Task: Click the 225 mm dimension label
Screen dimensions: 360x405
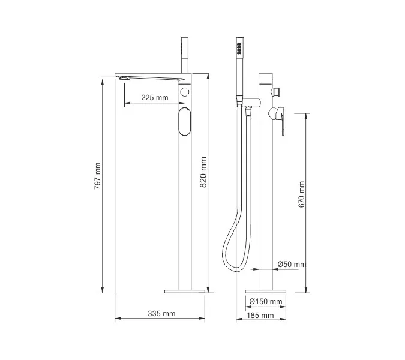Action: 155,98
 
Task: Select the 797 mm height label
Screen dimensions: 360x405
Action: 98,178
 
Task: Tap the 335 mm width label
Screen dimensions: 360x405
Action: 162,314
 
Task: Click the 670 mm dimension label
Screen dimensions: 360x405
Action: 302,194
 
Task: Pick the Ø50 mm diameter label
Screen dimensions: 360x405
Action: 292,265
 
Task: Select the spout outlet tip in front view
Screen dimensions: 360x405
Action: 124,78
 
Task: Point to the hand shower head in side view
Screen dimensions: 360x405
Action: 239,48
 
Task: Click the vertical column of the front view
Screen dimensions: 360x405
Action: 185,210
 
